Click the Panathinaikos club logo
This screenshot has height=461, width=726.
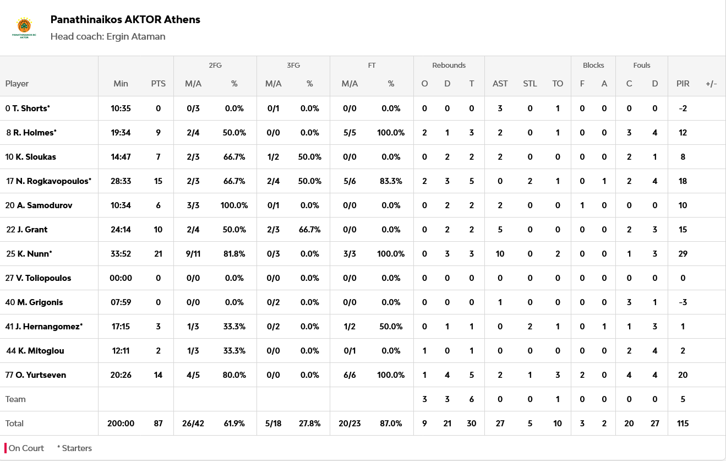tap(24, 28)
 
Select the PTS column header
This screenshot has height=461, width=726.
tap(158, 84)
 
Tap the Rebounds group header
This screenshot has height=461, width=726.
tap(449, 65)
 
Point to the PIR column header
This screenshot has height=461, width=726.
tap(683, 84)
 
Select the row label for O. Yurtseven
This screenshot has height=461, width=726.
tap(41, 375)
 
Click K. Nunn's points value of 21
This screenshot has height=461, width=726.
tap(158, 253)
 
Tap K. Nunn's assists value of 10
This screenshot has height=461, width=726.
tap(500, 253)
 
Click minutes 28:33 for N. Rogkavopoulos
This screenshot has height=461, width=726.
tap(121, 181)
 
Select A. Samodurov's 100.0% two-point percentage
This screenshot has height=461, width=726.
tap(234, 205)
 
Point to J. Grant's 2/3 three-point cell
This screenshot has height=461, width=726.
tap(273, 229)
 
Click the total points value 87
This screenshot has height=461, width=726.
tap(158, 423)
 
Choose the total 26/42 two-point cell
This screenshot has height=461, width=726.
tap(193, 423)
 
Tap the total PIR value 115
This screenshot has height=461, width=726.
tap(683, 423)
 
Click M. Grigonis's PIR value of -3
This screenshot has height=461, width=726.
tap(683, 302)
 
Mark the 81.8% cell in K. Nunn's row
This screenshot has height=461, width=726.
tap(234, 253)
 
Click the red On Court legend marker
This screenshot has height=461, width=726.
tap(6, 448)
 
